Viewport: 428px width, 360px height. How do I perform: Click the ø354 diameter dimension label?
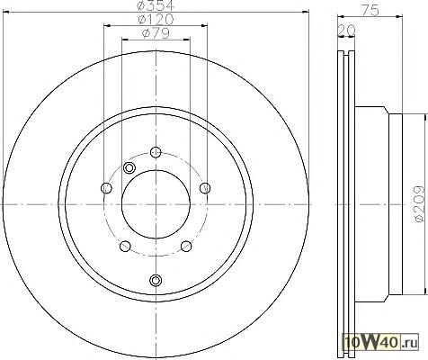click(156, 4)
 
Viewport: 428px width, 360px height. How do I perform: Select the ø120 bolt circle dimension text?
click(156, 20)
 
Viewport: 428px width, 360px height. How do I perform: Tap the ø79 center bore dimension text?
click(156, 33)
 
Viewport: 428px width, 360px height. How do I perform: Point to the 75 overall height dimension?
click(370, 11)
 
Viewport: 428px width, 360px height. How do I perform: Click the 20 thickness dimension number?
click(347, 30)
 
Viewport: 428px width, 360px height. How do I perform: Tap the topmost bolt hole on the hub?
click(156, 152)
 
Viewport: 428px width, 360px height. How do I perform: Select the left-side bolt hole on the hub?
click(106, 188)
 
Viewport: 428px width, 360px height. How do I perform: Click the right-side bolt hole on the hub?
click(205, 188)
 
